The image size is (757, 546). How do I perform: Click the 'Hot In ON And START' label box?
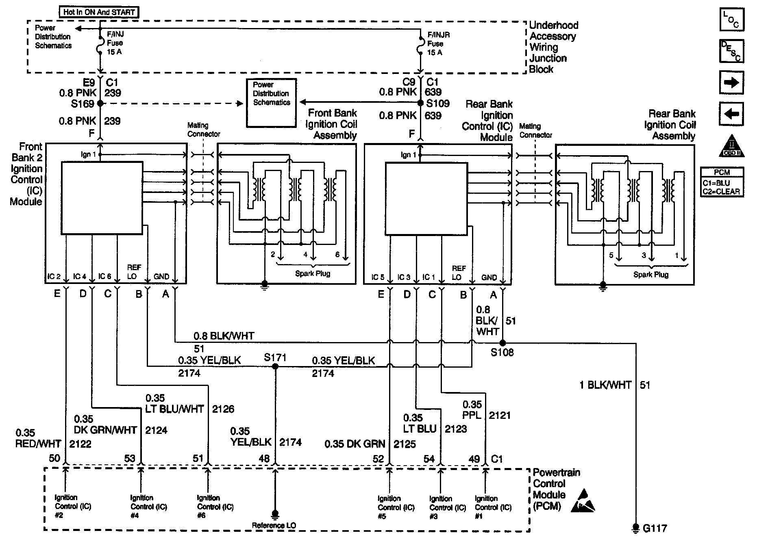coord(99,12)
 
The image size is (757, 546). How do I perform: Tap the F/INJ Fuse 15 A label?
coord(115,43)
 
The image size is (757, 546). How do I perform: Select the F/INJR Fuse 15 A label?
coord(438,44)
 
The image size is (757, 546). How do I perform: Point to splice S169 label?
coord(83,104)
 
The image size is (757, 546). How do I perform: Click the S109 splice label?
coord(437,104)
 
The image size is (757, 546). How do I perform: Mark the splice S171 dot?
coord(275,366)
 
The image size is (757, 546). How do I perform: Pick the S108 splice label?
coord(502,353)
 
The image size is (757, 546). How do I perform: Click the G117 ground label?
coord(655,529)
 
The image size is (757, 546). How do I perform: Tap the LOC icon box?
coord(731,19)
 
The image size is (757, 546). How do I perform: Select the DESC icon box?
coord(731,51)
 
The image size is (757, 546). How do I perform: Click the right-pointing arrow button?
coord(731,82)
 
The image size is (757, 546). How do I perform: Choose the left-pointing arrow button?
coord(731,114)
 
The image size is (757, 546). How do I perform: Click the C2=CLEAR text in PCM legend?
coord(721,192)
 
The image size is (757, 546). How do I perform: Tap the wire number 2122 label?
coord(80,444)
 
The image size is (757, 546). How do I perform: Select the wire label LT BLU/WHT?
coord(174,409)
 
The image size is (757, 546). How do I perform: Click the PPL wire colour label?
coord(472,415)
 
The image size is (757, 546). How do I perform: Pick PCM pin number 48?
coord(264,459)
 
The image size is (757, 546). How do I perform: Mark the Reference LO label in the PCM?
coord(274,525)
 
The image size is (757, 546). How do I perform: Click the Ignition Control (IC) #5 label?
coord(396,507)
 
